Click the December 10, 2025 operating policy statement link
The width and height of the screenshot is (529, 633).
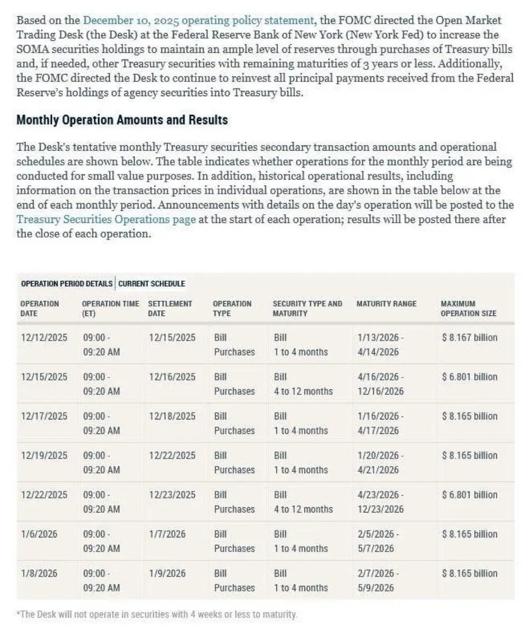198,21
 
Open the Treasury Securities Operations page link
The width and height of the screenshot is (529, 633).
106,219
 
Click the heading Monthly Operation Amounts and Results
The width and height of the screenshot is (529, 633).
122,120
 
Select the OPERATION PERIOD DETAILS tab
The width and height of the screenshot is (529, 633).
67,284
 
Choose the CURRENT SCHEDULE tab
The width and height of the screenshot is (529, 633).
152,284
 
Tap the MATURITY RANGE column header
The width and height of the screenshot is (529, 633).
386,304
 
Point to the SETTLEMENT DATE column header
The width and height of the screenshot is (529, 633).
170,309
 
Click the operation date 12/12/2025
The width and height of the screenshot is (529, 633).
44,338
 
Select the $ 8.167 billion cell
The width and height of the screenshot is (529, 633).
469,338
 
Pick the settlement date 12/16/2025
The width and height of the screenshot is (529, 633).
172,377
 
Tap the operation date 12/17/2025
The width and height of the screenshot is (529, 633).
44,416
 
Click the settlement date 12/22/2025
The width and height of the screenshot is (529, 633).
172,455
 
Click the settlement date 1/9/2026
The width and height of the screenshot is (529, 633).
167,573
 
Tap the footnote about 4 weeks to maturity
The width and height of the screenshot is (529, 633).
157,615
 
